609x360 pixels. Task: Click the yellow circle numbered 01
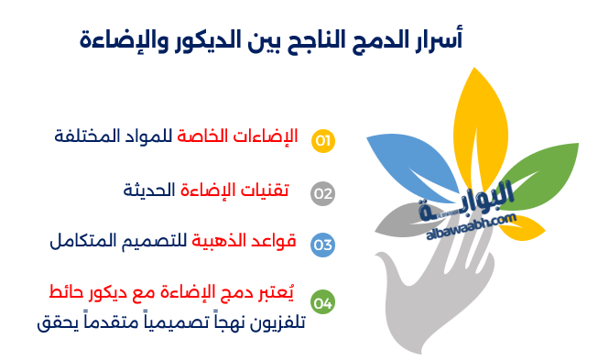(x=323, y=140)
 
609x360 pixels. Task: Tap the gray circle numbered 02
(x=323, y=192)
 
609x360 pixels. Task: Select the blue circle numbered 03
(x=323, y=245)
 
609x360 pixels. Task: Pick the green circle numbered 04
(x=323, y=301)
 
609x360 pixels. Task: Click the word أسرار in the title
(x=437, y=39)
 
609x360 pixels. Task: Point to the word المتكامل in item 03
(x=84, y=243)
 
